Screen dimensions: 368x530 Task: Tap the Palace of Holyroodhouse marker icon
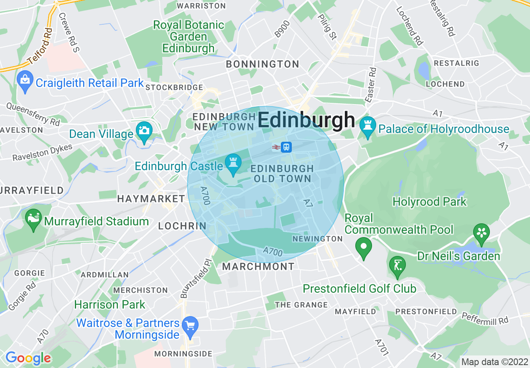click(368, 127)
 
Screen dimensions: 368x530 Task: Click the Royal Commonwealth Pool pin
click(364, 247)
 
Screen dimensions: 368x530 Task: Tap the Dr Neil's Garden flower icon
click(482, 233)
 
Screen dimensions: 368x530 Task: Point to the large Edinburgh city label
click(306, 120)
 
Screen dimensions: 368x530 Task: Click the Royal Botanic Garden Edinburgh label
click(189, 36)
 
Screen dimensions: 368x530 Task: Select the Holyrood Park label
click(429, 202)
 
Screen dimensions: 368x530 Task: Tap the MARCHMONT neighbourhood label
click(258, 266)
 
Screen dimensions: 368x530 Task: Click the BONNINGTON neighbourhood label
click(262, 64)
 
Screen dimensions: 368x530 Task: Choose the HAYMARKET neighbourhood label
click(151, 199)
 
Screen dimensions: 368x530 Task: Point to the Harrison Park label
click(110, 304)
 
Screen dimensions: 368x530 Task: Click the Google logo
click(28, 358)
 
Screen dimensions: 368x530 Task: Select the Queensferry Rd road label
click(33, 114)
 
